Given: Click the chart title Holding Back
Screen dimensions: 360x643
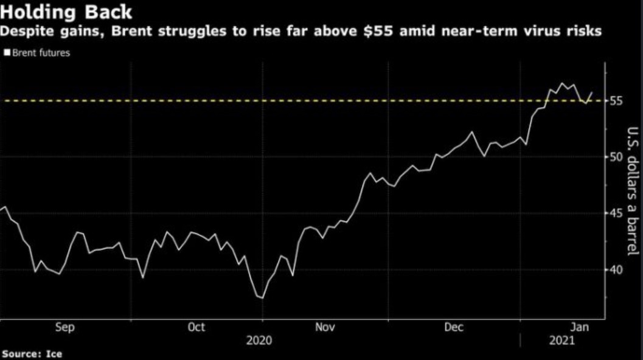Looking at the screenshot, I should (66, 12).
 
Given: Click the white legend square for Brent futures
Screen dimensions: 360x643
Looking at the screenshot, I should (7, 53).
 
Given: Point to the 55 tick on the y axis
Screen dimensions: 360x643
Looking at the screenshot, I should (617, 100).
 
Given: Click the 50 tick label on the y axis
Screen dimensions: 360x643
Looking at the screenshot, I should (617, 157).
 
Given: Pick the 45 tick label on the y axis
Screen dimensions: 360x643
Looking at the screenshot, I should (617, 213).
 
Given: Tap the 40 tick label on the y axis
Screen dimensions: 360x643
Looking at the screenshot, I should (617, 269).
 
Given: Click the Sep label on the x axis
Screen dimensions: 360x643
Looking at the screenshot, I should (65, 327).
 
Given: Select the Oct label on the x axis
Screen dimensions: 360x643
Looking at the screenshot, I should (196, 327).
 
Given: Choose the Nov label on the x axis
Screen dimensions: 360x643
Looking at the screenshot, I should (325, 327).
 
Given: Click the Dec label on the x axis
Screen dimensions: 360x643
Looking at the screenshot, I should (454, 327).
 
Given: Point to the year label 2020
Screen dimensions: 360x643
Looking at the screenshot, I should (259, 341).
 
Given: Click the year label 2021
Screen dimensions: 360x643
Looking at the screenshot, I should (561, 341).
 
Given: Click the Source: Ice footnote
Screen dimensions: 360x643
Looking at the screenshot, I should (32, 353).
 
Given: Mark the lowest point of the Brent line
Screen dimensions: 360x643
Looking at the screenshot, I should (262, 298).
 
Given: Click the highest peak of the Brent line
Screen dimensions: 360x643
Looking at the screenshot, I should (561, 83).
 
